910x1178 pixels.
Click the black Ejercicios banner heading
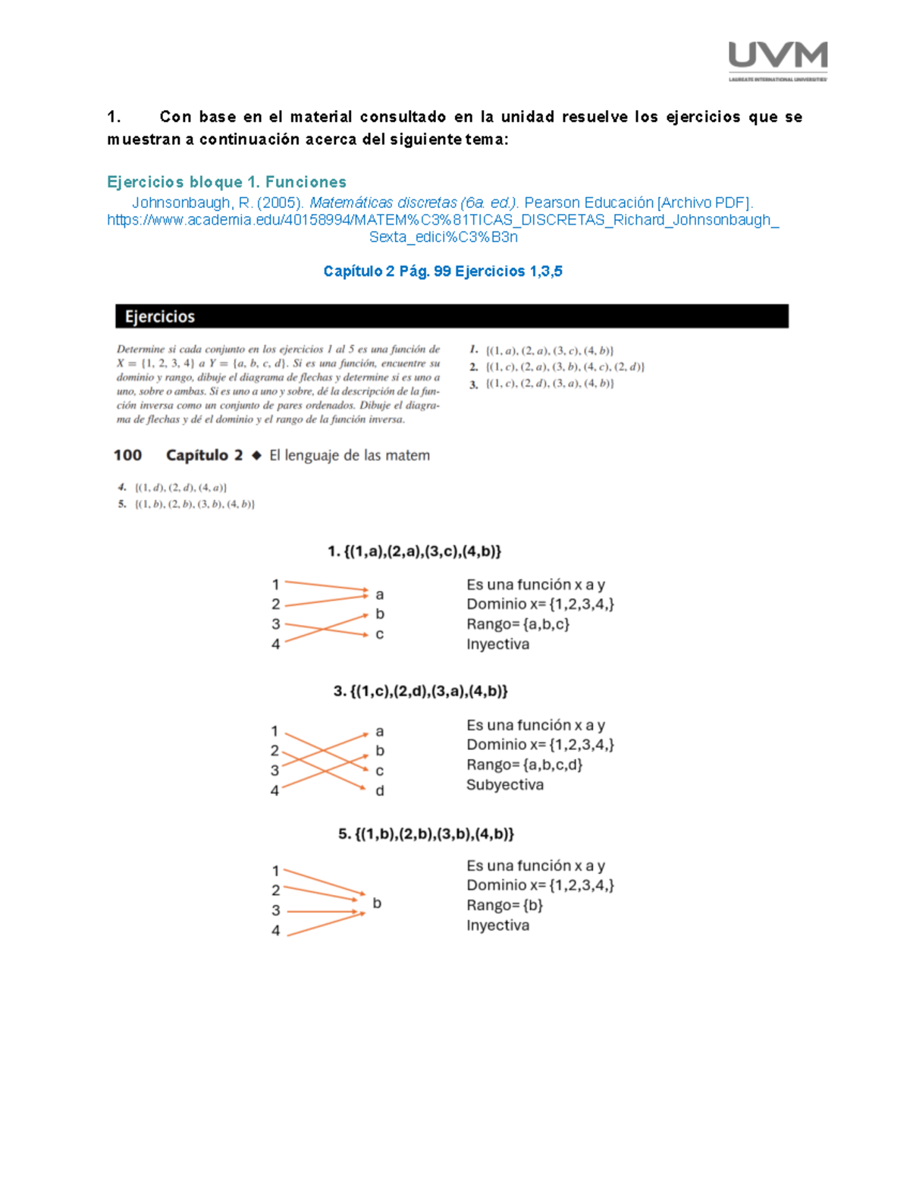(x=451, y=316)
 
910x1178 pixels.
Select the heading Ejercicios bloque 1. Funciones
(x=227, y=181)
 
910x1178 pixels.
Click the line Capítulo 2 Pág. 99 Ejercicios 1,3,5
(x=443, y=271)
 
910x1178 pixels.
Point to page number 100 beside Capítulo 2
(x=127, y=455)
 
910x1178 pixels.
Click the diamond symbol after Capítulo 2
(x=256, y=455)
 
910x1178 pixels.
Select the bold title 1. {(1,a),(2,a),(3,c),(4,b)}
(x=415, y=551)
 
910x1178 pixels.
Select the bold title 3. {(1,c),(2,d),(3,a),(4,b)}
(x=421, y=691)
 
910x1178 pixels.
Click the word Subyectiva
(x=504, y=784)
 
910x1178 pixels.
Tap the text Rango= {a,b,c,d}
(x=524, y=765)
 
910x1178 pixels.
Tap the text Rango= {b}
(x=504, y=905)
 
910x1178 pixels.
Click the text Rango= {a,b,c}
(x=518, y=624)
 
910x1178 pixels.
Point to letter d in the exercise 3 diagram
(x=380, y=790)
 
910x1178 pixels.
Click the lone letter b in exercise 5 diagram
(x=377, y=903)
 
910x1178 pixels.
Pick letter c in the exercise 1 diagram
(x=379, y=634)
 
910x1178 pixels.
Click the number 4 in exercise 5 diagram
(x=275, y=931)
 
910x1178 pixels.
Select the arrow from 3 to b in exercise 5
(x=322, y=912)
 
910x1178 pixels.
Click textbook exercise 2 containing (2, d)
(x=557, y=367)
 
